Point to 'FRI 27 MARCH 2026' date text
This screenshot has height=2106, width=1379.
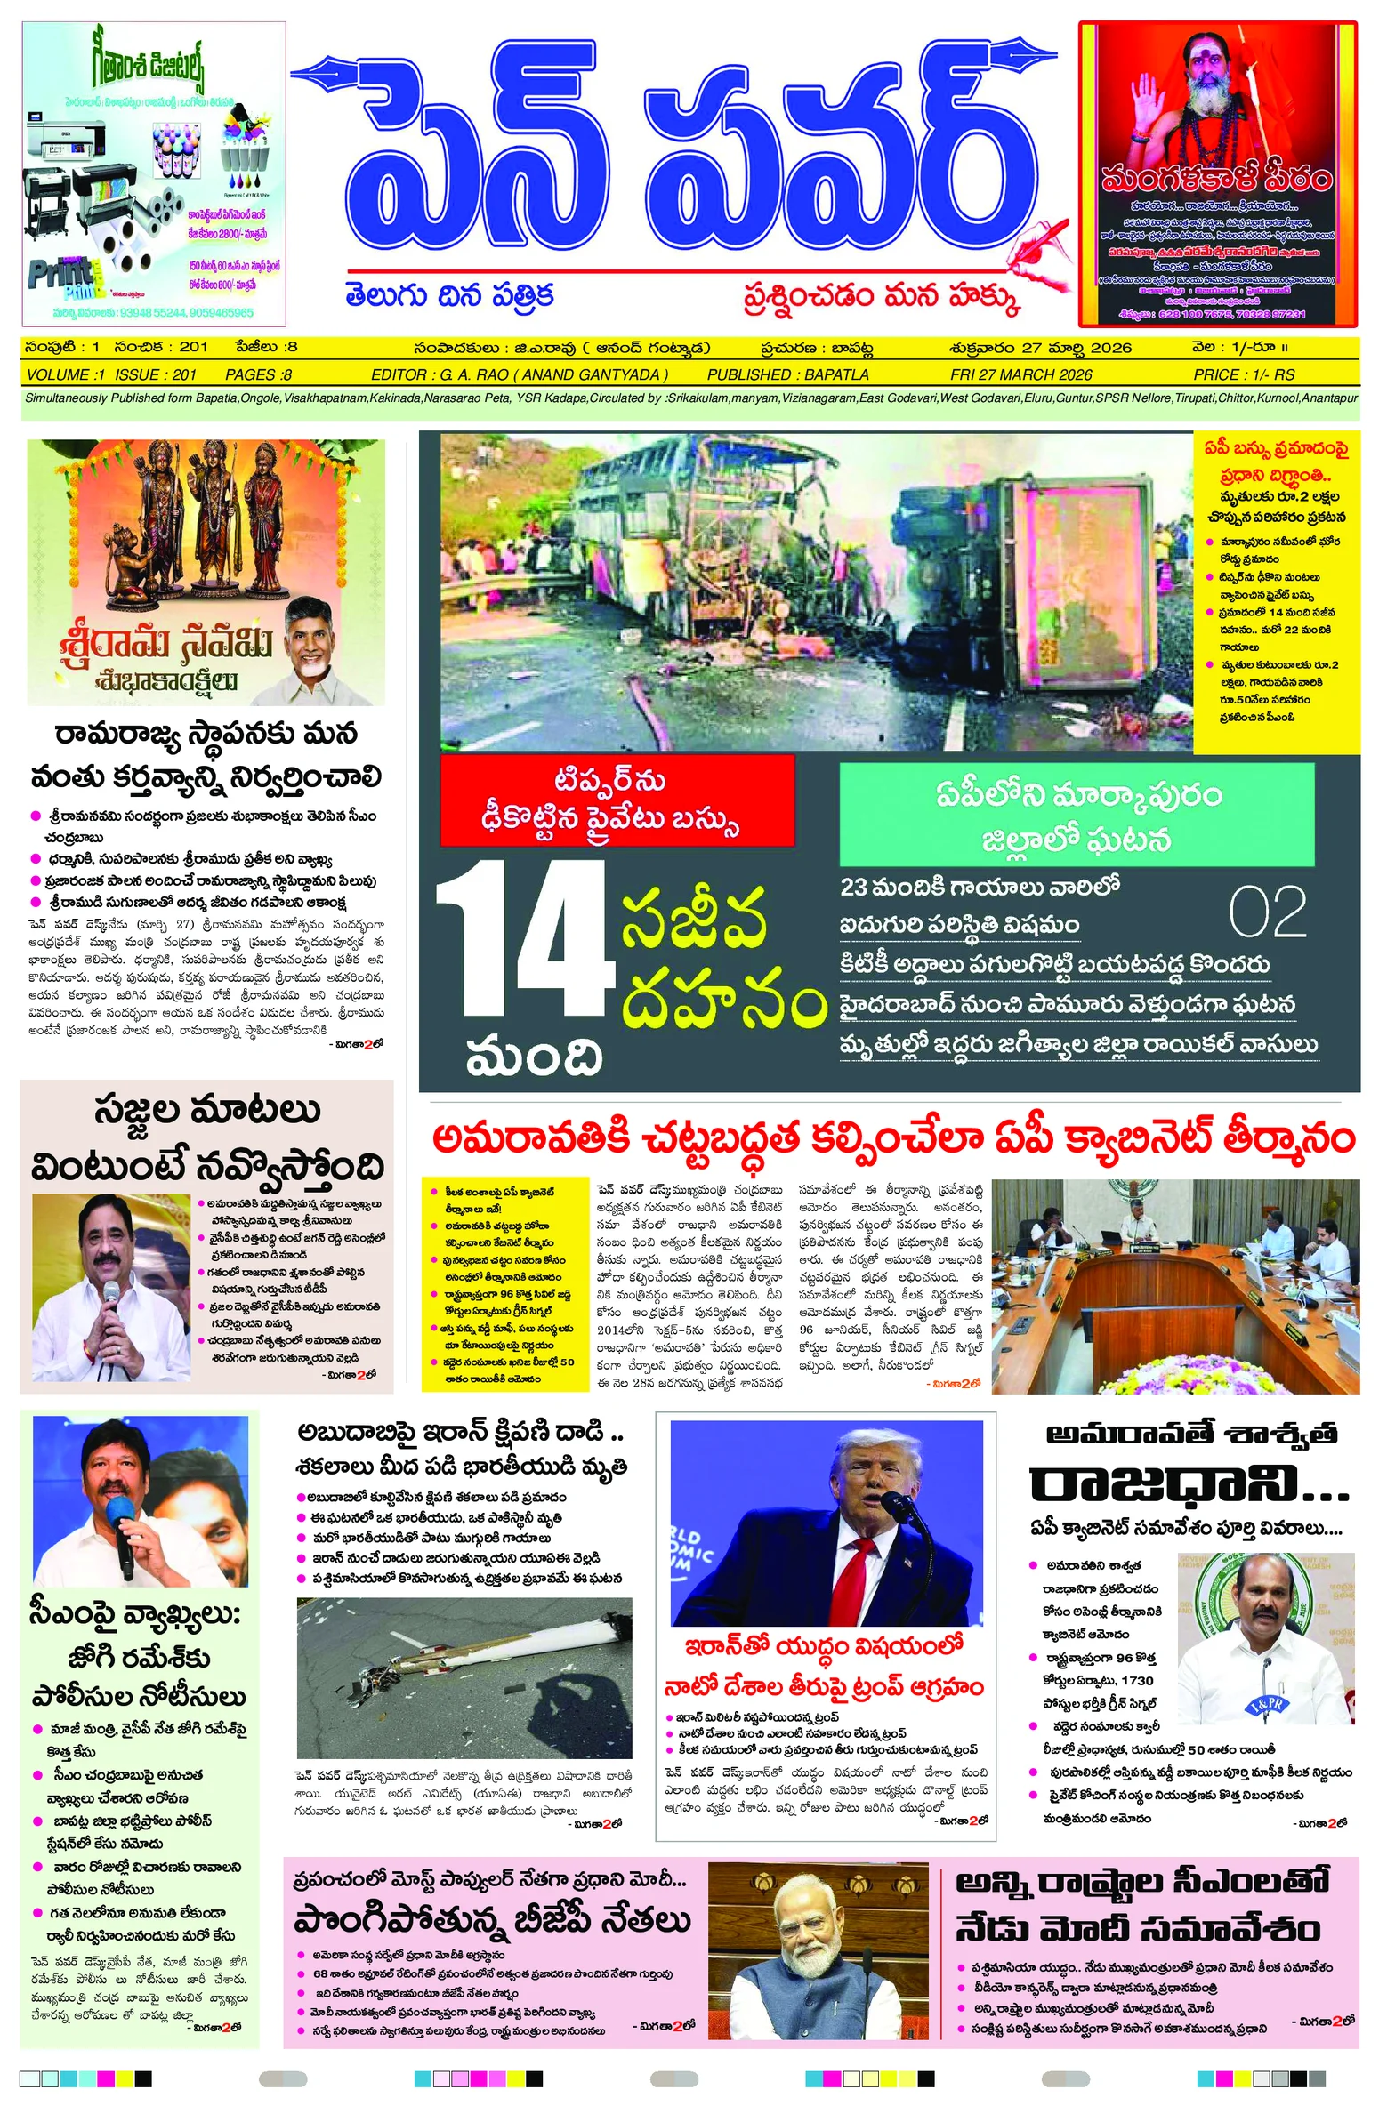pos(1020,374)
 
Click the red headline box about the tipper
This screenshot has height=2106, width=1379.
pos(617,800)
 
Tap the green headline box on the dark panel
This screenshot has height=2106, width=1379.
pos(1077,815)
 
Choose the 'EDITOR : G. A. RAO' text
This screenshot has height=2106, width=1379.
pos(519,374)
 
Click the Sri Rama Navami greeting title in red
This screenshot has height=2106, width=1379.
pos(165,647)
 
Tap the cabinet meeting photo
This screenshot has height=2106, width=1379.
pos(1174,1285)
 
